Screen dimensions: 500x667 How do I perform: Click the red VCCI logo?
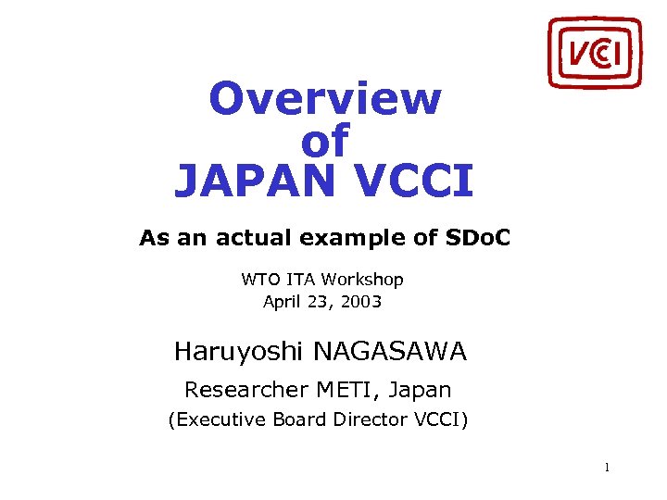[595, 52]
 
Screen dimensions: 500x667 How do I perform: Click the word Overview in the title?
[325, 99]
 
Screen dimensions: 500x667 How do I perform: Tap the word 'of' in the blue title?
[325, 142]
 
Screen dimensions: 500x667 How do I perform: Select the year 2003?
[360, 301]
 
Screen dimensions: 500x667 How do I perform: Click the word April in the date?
[283, 301]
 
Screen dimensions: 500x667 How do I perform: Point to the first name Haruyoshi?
[239, 353]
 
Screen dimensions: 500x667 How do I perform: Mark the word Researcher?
[243, 390]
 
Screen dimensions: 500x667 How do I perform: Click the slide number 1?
[606, 468]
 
